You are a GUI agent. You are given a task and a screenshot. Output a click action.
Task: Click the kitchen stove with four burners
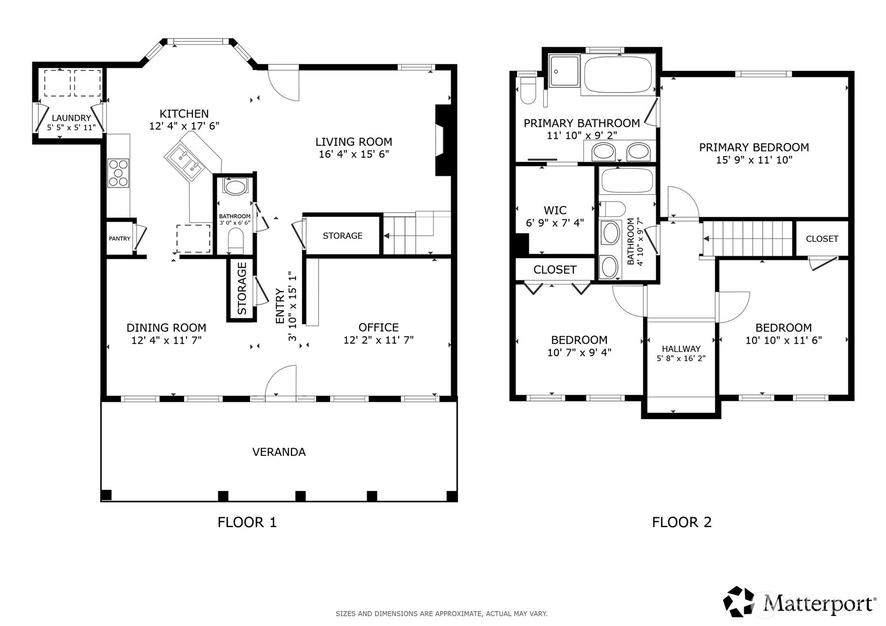coord(118,173)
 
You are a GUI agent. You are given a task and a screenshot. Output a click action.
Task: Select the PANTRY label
coord(119,238)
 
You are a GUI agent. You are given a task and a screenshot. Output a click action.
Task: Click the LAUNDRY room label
coord(72,118)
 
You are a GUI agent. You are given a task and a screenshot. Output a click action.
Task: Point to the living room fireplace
coord(443,140)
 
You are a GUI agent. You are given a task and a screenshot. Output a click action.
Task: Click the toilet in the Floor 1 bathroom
coord(236,240)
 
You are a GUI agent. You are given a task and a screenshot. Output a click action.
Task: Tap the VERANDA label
coord(279,452)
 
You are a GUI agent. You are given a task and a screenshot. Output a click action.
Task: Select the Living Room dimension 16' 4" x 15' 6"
coord(354,154)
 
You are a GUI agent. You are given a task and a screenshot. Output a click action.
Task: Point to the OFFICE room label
coord(379,328)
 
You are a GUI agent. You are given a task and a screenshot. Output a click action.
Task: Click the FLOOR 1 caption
coord(247,522)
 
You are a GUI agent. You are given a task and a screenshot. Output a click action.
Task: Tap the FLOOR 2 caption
coord(682,522)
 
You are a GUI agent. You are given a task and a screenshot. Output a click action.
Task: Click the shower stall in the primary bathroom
coord(564,71)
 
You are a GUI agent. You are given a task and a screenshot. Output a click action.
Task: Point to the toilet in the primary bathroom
coord(528,90)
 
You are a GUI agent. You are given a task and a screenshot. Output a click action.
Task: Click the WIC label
coord(555,210)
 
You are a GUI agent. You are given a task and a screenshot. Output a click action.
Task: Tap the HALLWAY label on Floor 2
coord(681,349)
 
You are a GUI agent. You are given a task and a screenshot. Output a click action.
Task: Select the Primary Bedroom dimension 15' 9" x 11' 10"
coord(754,160)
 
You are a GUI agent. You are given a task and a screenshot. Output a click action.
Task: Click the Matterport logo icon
coord(739,602)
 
